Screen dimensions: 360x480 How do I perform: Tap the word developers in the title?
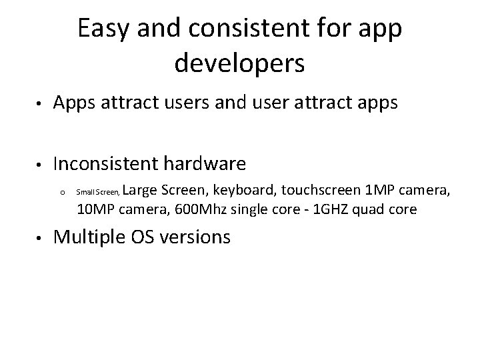coord(239,64)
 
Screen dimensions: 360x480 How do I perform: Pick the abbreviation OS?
coord(155,237)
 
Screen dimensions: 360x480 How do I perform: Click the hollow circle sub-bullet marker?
coord(61,194)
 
